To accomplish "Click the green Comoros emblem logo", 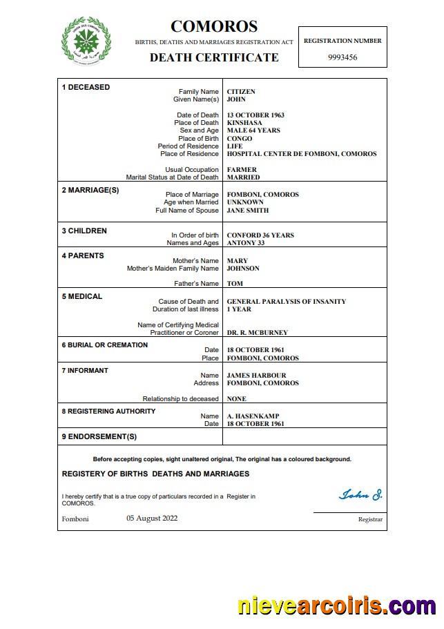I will (x=86, y=40).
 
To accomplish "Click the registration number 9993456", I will (x=342, y=57).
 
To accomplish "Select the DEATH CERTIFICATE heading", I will (x=214, y=57).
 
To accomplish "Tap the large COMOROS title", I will (x=214, y=27).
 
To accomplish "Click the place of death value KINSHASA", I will (x=245, y=123).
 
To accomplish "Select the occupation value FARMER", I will (x=242, y=170).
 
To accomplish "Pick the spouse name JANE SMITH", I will (x=248, y=211).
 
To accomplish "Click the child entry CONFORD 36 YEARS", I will (x=260, y=235).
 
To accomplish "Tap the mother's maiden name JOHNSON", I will (x=243, y=269).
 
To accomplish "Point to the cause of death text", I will (x=287, y=302).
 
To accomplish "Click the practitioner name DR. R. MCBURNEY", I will (x=258, y=333).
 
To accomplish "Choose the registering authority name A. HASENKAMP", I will (x=253, y=416).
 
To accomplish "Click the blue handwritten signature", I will (x=360, y=494).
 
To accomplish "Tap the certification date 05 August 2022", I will (x=152, y=518).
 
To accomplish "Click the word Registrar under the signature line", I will (x=369, y=519).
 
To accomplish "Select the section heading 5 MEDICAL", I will (x=82, y=296).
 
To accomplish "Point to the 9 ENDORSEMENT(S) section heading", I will (x=99, y=436).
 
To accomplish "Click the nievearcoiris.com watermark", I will (x=336, y=606).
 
